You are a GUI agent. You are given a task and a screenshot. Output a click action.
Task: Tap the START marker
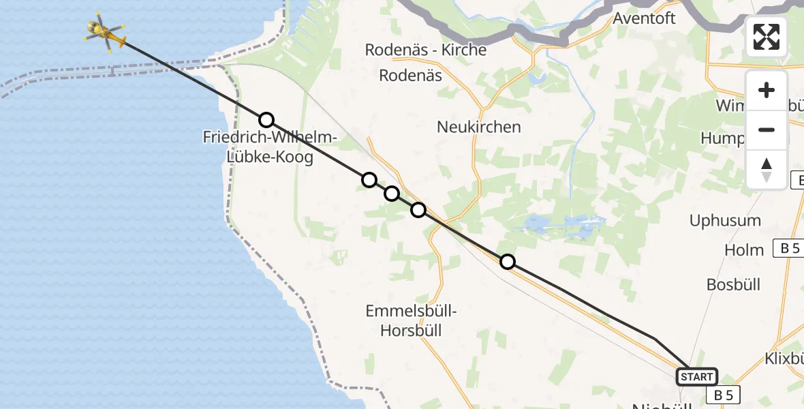coord(696,376)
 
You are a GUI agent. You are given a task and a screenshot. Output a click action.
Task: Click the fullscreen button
coord(767,37)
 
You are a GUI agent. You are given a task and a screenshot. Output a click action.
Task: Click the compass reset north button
coord(767,170)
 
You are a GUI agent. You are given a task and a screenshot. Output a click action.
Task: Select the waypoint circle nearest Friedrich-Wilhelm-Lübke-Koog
coord(266,120)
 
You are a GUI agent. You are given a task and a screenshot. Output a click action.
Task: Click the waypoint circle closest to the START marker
coord(508,262)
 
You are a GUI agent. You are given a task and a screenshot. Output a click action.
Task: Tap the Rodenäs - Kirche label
coord(426,50)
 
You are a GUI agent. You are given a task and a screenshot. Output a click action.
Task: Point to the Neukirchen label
coord(479,127)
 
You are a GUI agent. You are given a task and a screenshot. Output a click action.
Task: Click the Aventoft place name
coord(644,18)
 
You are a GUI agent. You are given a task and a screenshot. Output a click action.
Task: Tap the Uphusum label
coord(725,221)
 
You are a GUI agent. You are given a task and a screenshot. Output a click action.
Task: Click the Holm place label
coord(744,250)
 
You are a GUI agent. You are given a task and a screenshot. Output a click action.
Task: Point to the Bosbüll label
coord(734,284)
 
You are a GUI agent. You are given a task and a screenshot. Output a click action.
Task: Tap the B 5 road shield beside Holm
coord(790,248)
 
